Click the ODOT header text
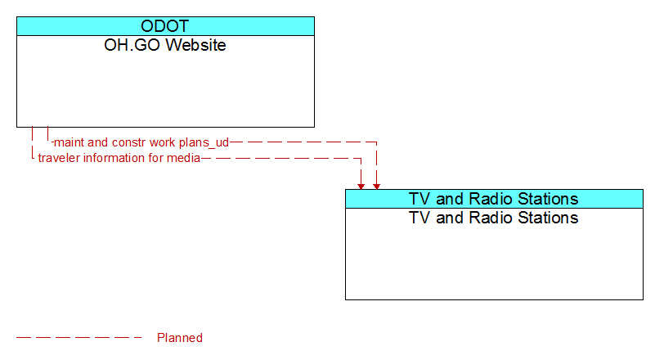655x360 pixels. (x=165, y=26)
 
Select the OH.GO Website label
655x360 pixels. (x=165, y=45)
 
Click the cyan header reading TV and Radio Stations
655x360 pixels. (x=494, y=199)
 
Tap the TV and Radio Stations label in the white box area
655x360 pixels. (x=494, y=218)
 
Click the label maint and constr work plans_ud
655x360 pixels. (x=141, y=142)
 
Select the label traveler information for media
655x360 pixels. (x=119, y=158)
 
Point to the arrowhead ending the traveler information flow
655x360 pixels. (x=361, y=187)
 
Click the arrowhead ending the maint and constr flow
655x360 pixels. (x=376, y=187)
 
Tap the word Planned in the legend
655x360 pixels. (x=180, y=338)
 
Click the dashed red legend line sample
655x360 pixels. (x=79, y=337)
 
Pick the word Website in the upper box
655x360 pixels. (x=198, y=45)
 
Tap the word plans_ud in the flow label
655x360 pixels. (x=204, y=142)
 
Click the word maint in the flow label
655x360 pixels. (x=70, y=142)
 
